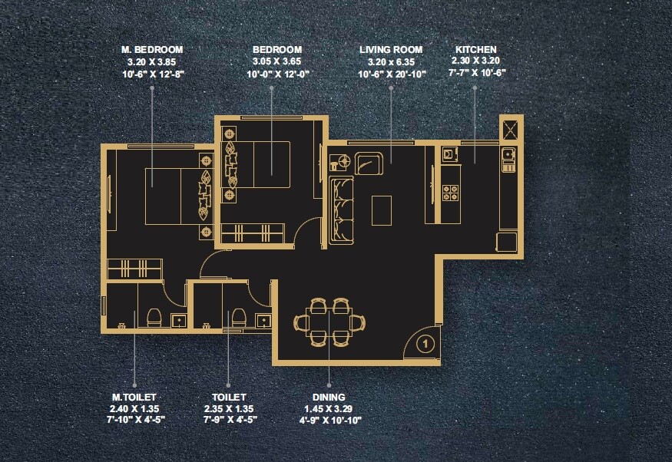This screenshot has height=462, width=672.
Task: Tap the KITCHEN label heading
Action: point(476,49)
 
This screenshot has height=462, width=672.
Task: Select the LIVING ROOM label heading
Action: point(391,49)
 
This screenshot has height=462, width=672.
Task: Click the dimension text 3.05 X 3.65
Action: point(272,61)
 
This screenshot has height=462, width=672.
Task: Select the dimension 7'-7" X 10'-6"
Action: point(476,74)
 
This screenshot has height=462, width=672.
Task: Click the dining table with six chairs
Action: point(330,322)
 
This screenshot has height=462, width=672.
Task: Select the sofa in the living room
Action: point(340,211)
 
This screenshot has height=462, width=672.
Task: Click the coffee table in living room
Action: point(382,210)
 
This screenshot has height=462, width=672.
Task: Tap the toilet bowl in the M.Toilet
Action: point(152,318)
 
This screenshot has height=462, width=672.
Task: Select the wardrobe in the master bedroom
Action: point(134,269)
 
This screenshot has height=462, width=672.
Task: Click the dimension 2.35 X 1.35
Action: point(228,409)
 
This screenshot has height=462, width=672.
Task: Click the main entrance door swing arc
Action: point(419,342)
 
